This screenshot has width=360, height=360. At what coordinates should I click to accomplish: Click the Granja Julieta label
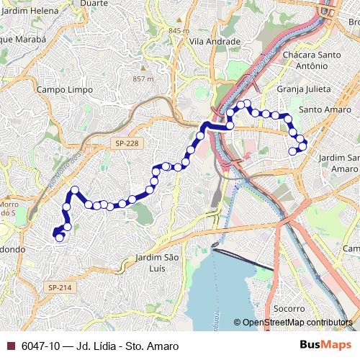coord(304,89)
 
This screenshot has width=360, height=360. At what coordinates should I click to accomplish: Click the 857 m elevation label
coord(143,78)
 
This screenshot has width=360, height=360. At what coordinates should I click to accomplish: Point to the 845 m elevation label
coord(178,31)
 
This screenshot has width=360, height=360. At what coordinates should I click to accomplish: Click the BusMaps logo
coord(325,346)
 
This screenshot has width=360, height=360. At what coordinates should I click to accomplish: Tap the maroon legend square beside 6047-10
coord(9,346)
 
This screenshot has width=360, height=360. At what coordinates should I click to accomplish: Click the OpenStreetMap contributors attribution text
coord(297,323)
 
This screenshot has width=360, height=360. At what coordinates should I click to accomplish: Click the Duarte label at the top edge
coord(94,3)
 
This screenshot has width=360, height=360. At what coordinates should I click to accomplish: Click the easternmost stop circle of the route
coord(303,146)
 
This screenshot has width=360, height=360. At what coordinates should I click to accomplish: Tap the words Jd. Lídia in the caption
coord(100,346)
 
